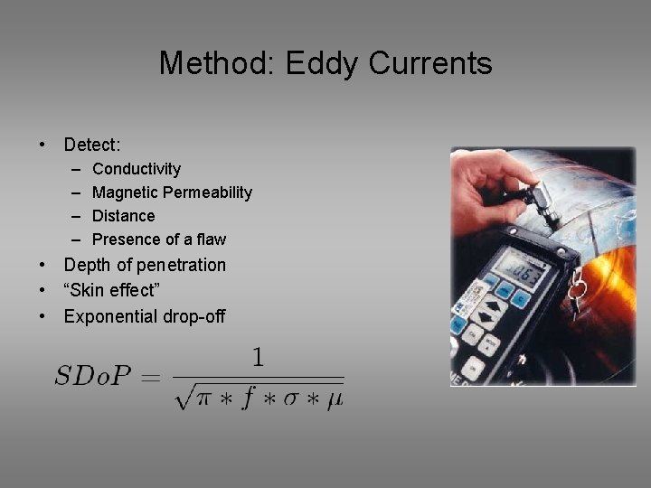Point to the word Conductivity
(137, 169)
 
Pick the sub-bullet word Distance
(124, 216)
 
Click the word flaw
(210, 239)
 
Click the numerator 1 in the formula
(258, 357)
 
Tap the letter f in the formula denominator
(246, 395)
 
